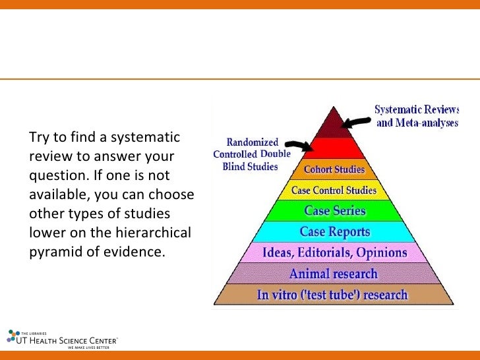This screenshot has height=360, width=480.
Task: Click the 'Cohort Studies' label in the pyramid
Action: [x=334, y=170]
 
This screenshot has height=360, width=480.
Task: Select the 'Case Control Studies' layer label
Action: [x=334, y=191]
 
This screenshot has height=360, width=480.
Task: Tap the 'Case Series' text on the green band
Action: [x=334, y=211]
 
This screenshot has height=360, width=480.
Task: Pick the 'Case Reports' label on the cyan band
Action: [x=334, y=232]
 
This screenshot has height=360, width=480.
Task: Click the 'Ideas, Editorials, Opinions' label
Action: [x=334, y=253]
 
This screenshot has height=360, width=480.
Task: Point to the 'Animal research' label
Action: [x=334, y=274]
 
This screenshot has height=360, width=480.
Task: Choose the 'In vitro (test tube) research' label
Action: [x=332, y=295]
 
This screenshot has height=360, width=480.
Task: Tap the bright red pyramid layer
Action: [x=334, y=148]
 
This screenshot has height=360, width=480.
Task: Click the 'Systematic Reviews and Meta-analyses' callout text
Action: [x=417, y=116]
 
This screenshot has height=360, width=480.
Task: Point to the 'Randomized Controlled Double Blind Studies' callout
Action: [x=251, y=154]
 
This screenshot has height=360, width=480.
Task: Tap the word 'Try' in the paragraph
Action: [x=40, y=138]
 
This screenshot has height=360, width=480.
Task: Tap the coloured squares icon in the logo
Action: [x=13, y=335]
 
